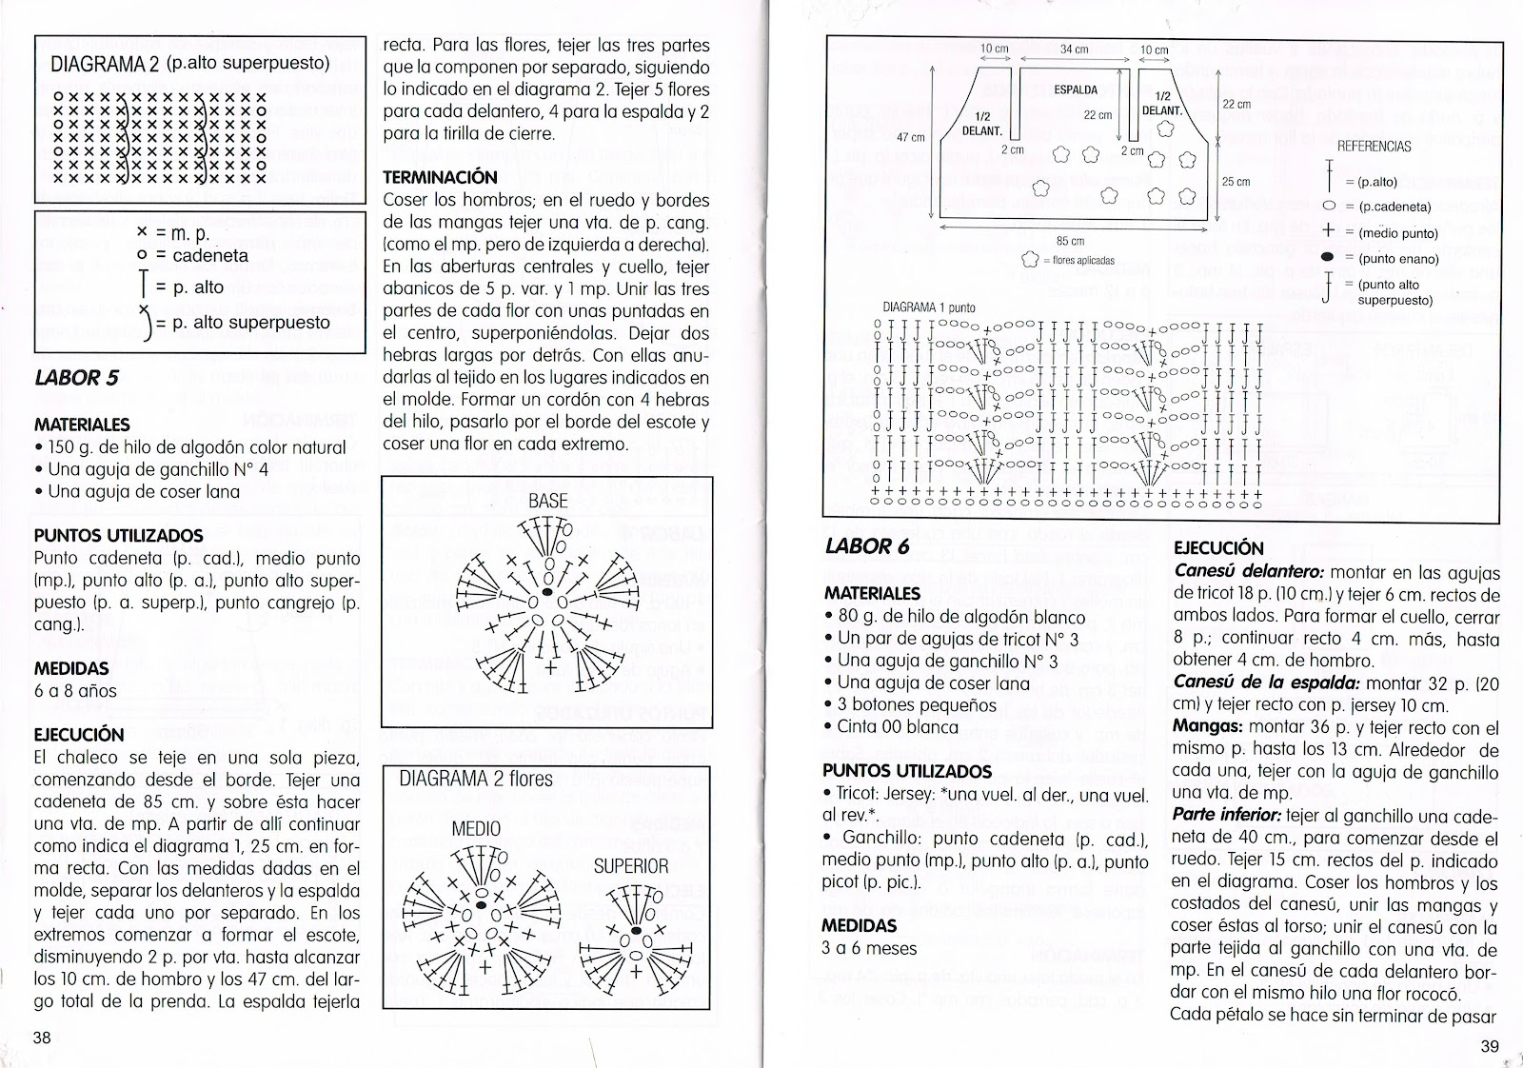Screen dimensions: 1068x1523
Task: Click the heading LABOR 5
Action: click(x=76, y=377)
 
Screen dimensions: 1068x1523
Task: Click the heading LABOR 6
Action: click(x=860, y=546)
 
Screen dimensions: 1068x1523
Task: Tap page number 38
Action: click(x=42, y=1038)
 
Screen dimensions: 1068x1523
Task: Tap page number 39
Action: click(x=1490, y=1046)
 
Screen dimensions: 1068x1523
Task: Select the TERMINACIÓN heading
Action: click(x=439, y=177)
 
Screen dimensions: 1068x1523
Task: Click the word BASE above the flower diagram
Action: click(x=547, y=501)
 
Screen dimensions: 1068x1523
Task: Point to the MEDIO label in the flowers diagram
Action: click(x=476, y=828)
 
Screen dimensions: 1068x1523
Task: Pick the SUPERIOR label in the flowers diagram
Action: click(x=630, y=866)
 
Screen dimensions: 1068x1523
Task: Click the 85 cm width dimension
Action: click(x=1070, y=242)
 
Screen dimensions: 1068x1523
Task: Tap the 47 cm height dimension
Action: click(x=911, y=137)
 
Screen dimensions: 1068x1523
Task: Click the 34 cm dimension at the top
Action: click(x=1074, y=49)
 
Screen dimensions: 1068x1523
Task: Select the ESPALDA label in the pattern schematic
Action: click(x=1076, y=90)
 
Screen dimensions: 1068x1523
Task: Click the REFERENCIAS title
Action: click(x=1374, y=147)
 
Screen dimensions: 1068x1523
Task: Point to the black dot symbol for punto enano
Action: click(x=1328, y=258)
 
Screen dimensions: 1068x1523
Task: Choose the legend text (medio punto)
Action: click(x=1398, y=232)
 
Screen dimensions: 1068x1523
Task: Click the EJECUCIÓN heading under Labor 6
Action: click(x=1218, y=548)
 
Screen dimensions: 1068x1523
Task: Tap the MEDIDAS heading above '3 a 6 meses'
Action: click(x=860, y=925)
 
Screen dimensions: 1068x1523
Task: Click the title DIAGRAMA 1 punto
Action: click(x=928, y=307)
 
